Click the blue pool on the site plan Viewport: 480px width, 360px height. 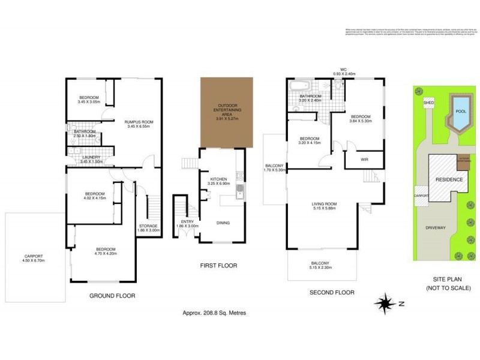click(x=461, y=112)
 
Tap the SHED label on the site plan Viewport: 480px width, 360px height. click(x=428, y=103)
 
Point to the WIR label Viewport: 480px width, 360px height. click(x=364, y=160)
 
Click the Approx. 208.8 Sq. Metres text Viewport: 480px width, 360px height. click(x=214, y=313)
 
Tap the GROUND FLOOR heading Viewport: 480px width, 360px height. click(x=112, y=295)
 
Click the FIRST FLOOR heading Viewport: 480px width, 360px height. click(x=218, y=265)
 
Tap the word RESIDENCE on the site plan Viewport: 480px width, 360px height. click(x=449, y=179)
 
